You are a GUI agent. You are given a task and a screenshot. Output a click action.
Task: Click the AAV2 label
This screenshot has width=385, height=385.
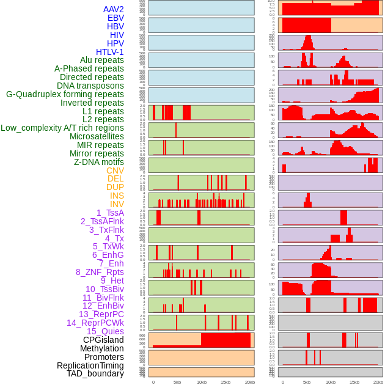pyautogui.click(x=114, y=9)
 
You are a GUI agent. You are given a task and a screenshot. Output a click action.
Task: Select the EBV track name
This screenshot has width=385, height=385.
pyautogui.click(x=116, y=18)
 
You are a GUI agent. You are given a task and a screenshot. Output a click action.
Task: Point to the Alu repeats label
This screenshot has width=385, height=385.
pyautogui.click(x=102, y=60)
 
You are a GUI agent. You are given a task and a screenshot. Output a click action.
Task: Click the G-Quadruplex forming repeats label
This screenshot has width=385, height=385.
pyautogui.click(x=65, y=94)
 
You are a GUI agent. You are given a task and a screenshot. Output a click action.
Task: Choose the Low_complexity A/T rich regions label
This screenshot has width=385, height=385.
pyautogui.click(x=62, y=128)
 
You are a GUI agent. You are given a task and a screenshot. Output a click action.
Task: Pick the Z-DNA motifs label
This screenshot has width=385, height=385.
pyautogui.click(x=99, y=162)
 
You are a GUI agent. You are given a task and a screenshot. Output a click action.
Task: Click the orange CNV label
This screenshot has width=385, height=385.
pyautogui.click(x=115, y=170)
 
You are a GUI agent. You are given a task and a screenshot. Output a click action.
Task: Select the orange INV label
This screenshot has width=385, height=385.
pyautogui.click(x=117, y=204)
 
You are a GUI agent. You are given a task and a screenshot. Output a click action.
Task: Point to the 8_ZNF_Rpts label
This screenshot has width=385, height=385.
pyautogui.click(x=100, y=272)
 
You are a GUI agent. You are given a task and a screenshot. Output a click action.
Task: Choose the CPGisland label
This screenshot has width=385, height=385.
pyautogui.click(x=103, y=340)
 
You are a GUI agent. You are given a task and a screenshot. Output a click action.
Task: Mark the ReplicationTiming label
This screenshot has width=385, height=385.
pyautogui.click(x=90, y=365)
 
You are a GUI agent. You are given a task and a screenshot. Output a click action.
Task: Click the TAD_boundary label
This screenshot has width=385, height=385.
pyautogui.click(x=95, y=373)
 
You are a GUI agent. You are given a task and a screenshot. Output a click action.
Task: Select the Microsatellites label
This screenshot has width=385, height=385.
pyautogui.click(x=97, y=136)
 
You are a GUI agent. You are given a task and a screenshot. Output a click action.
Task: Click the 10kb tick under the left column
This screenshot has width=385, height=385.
pyautogui.click(x=201, y=382)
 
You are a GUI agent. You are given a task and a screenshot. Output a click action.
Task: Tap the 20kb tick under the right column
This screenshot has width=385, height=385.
pyautogui.click(x=378, y=382)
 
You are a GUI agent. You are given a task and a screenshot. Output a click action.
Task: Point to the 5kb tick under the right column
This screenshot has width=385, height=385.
pyautogui.click(x=307, y=382)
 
